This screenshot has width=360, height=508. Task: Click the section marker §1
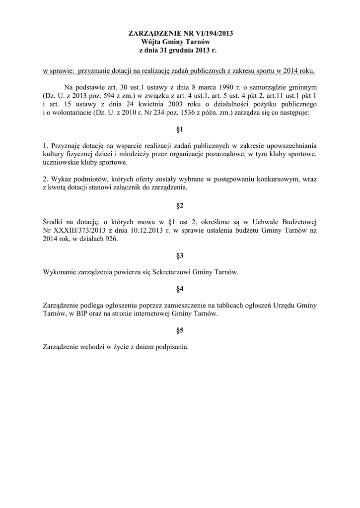click(x=180, y=130)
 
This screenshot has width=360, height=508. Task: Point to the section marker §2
click(x=180, y=205)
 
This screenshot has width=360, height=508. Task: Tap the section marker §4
click(x=180, y=289)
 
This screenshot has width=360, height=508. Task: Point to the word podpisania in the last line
click(x=171, y=347)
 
